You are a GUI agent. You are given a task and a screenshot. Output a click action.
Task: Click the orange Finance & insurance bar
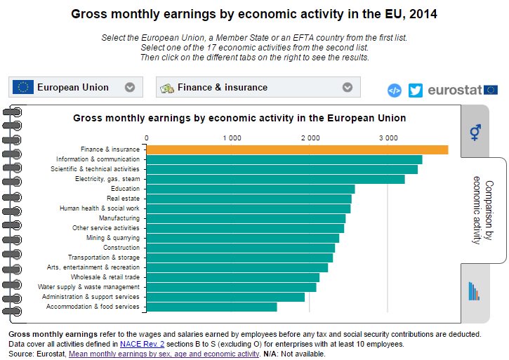tap(297, 149)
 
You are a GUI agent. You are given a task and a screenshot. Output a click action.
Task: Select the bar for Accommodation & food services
tap(211, 307)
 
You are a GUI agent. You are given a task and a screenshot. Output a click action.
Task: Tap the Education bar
tap(250, 189)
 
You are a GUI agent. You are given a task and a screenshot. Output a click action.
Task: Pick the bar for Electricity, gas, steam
tap(275, 179)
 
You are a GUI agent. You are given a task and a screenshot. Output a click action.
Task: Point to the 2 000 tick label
tap(310, 138)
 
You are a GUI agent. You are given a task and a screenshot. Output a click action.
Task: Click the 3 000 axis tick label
tap(388, 138)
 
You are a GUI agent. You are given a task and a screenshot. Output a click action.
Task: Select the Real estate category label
tap(123, 199)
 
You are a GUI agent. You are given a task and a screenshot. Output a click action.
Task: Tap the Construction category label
tap(121, 248)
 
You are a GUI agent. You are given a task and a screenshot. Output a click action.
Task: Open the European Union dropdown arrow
tap(130, 88)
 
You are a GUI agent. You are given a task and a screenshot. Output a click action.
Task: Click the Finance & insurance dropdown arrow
tap(347, 88)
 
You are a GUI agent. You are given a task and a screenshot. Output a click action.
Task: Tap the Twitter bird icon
tap(416, 90)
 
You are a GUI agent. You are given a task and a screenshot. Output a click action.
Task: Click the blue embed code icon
tap(395, 90)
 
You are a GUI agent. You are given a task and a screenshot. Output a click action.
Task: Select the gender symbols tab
tap(475, 132)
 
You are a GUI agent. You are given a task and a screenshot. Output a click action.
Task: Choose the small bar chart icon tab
tap(474, 290)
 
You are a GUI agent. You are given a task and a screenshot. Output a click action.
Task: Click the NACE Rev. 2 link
tap(143, 344)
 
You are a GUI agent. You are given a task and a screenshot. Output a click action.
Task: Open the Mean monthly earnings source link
tap(164, 354)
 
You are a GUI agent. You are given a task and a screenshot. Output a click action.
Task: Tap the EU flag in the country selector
tap(23, 88)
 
